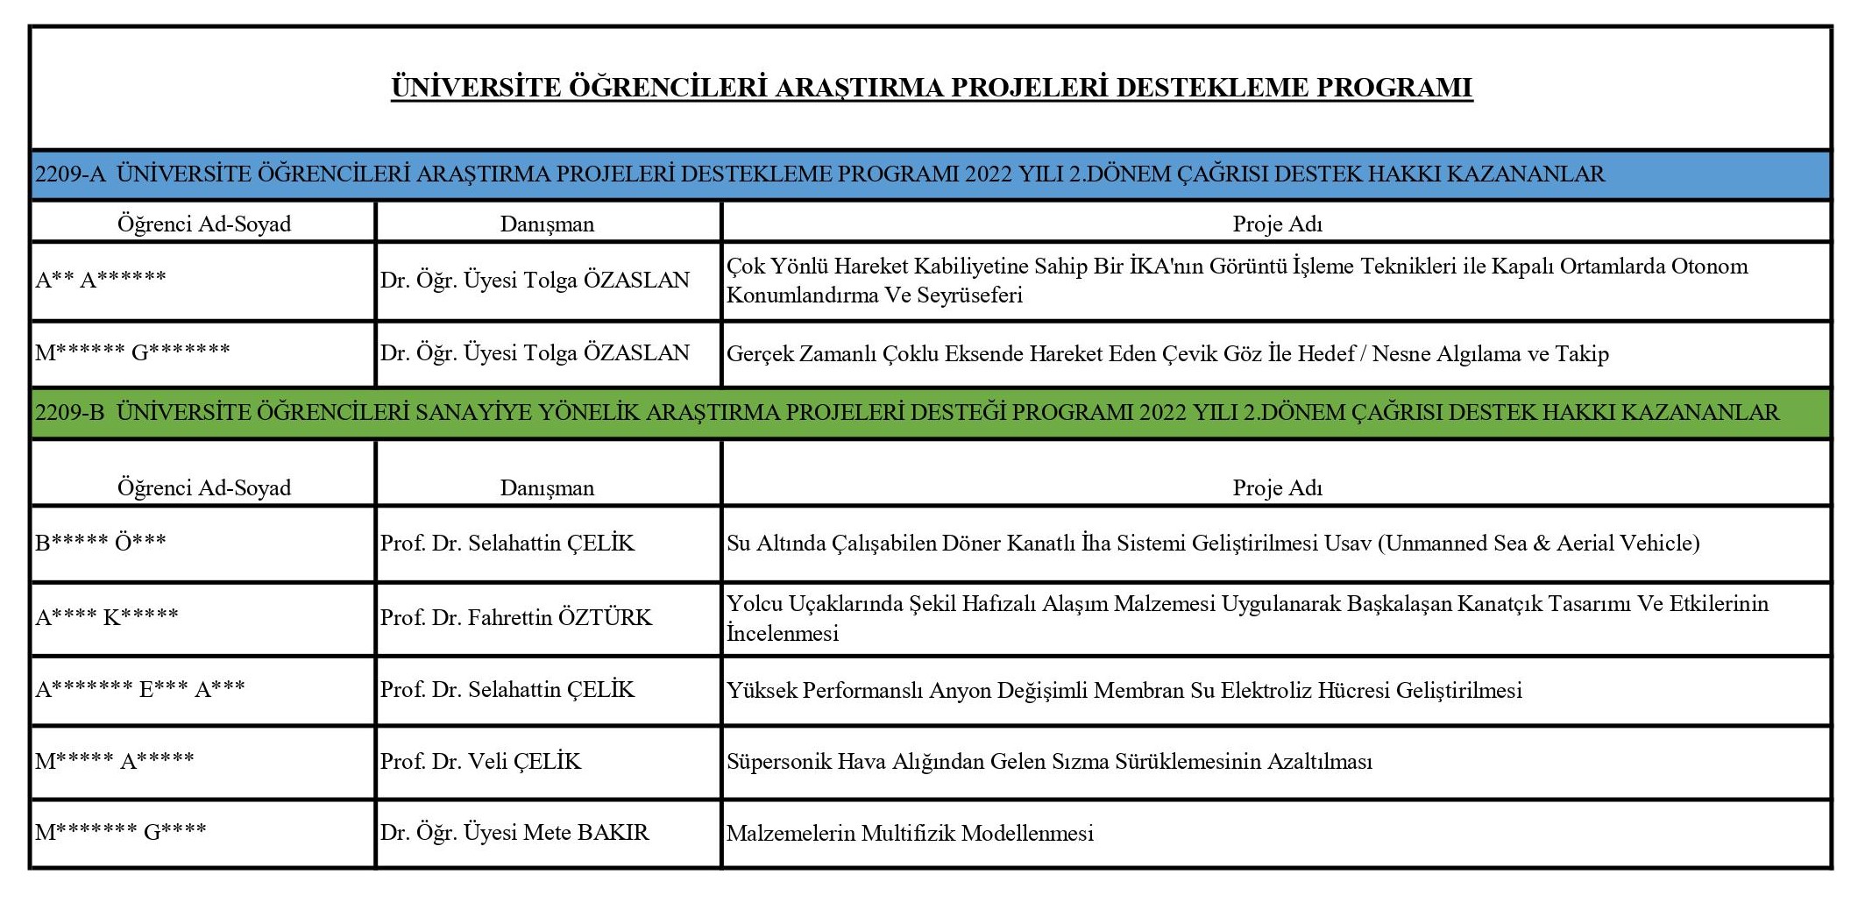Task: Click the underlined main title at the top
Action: coord(931,88)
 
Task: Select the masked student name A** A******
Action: coord(101,281)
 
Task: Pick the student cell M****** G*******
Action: coord(132,352)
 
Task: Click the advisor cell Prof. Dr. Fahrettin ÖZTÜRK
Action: coord(516,618)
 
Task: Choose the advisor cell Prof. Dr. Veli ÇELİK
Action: coord(480,762)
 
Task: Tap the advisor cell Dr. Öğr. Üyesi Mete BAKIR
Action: coord(514,833)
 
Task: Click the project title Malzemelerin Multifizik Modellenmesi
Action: coord(910,834)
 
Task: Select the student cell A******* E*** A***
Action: coord(140,690)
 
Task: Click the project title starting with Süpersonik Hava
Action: coord(1049,762)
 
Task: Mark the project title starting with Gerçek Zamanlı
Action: coord(1167,354)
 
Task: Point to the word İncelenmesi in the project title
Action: coord(783,634)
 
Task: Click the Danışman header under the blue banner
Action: coord(547,224)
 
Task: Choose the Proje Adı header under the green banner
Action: coord(1277,488)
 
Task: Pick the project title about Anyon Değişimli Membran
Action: coord(1124,691)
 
